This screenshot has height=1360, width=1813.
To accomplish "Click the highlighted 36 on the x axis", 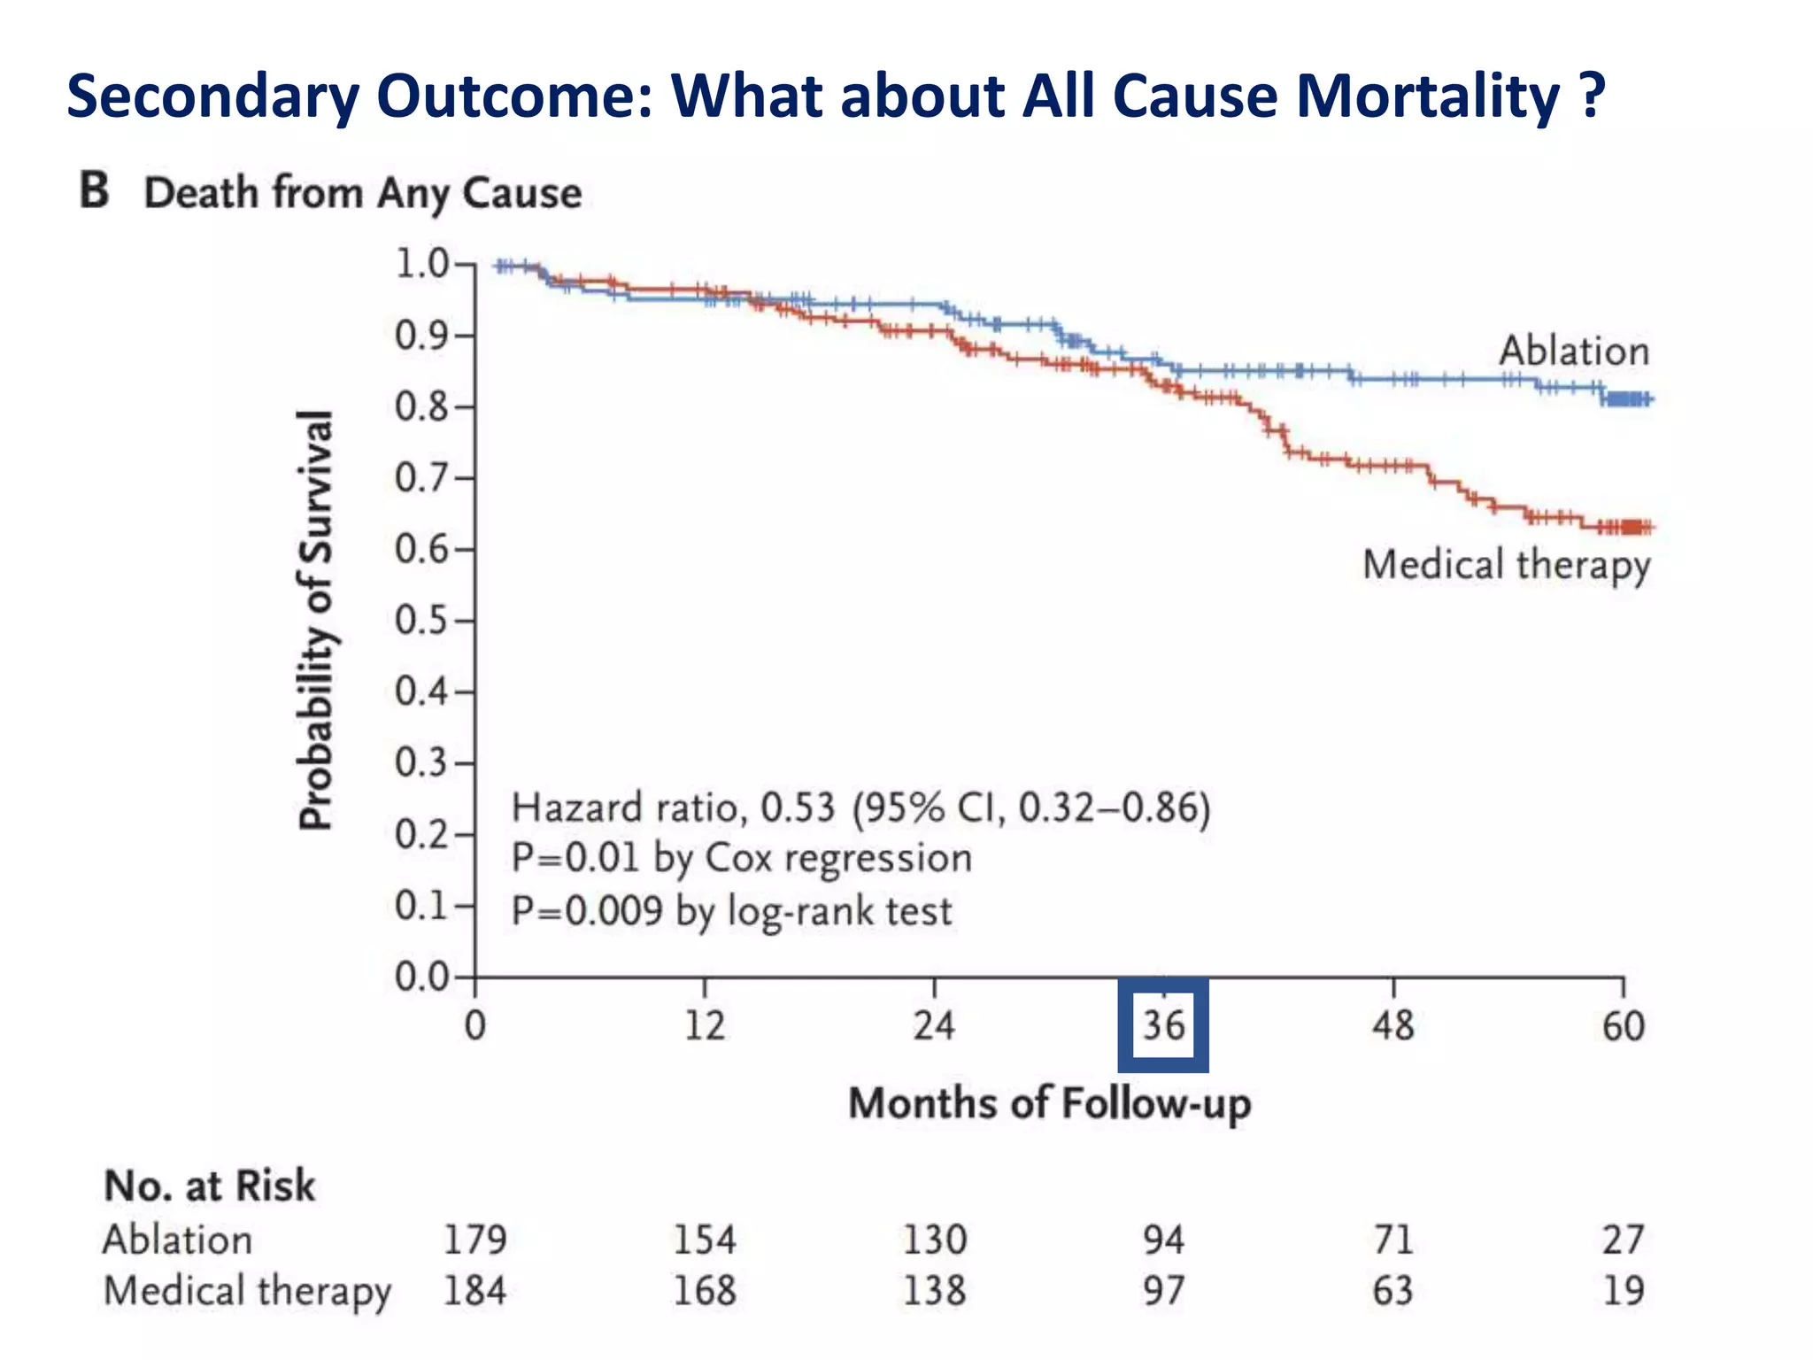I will pyautogui.click(x=1163, y=1026).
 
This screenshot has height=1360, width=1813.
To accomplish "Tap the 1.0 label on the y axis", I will pyautogui.click(x=422, y=264).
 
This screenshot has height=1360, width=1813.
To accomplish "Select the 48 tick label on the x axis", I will pyautogui.click(x=1393, y=1026).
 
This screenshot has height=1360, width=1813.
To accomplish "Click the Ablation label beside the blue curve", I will pyautogui.click(x=1574, y=352).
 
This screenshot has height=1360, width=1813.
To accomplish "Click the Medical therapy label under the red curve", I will pyautogui.click(x=1507, y=565).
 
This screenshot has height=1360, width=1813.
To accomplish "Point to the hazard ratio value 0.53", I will pyautogui.click(x=798, y=807).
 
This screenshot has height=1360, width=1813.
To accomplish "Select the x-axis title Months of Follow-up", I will pyautogui.click(x=1050, y=1104).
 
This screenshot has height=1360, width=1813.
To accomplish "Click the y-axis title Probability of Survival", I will pyautogui.click(x=316, y=620).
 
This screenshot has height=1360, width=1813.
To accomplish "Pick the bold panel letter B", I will pyautogui.click(x=95, y=191).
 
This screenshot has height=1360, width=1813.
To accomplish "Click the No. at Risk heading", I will pyautogui.click(x=210, y=1186).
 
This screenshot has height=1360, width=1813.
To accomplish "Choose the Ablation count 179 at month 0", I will pyautogui.click(x=475, y=1240).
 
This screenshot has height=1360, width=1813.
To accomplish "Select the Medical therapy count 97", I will pyautogui.click(x=1163, y=1291).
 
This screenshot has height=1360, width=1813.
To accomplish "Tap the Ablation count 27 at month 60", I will pyautogui.click(x=1623, y=1240).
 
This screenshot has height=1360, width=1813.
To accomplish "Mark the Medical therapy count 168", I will pyautogui.click(x=705, y=1291).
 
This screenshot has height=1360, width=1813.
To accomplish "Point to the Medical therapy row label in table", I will pyautogui.click(x=247, y=1291).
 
